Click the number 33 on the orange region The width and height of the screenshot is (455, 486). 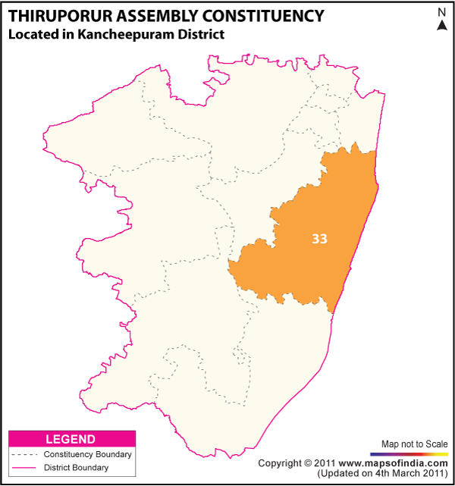coord(319,238)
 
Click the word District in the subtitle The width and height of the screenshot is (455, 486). coord(199,34)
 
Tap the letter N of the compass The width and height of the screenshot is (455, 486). coord(441,11)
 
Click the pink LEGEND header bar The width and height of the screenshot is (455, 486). coord(71,439)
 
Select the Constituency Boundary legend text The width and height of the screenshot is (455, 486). coord(87,454)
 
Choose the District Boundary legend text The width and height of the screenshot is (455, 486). coord(76,468)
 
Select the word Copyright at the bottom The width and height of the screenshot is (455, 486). coord(280,462)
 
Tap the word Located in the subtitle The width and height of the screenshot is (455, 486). coord(31,34)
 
